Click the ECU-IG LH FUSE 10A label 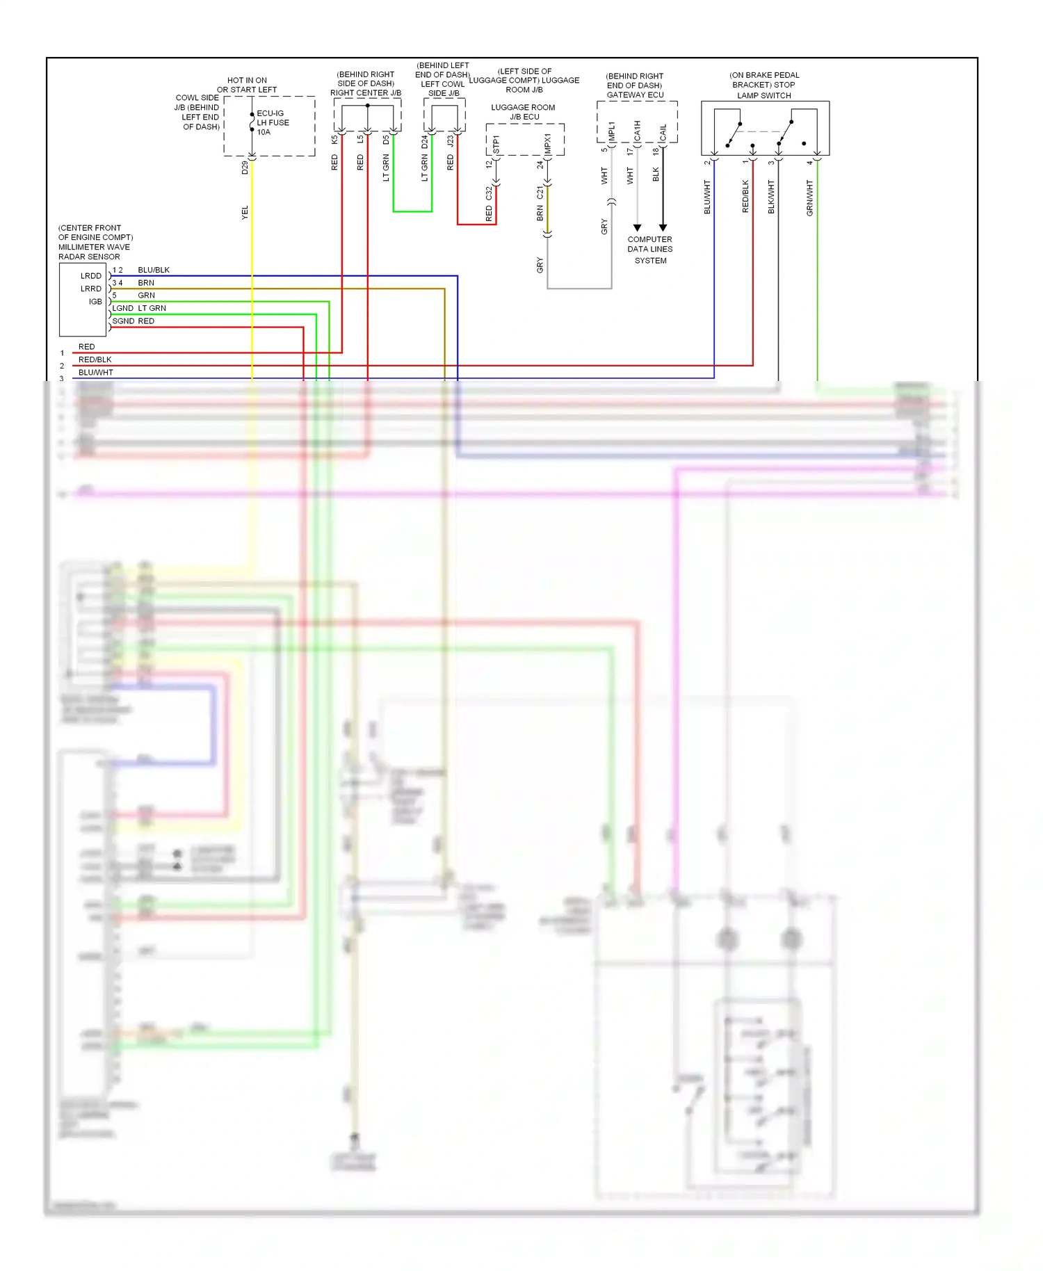point(272,122)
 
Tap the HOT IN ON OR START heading point(247,85)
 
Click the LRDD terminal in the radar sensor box point(90,276)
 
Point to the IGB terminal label point(95,302)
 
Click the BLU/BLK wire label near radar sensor point(154,270)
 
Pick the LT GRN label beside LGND point(152,308)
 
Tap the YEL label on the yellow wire point(245,213)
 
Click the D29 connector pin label point(245,168)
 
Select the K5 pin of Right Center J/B point(334,139)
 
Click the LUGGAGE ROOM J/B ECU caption point(523,112)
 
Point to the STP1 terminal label point(496,145)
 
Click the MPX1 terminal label point(548,144)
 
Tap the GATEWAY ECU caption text point(635,95)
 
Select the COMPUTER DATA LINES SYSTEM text point(649,250)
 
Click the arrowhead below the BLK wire point(663,227)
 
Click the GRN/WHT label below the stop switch point(809,197)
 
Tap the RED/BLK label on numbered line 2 point(95,359)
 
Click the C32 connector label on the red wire point(489,193)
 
